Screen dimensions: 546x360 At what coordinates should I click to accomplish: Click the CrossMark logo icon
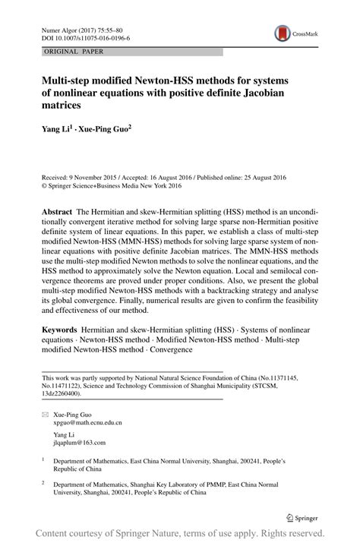[282, 33]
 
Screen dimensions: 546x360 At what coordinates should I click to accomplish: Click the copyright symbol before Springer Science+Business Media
[45, 185]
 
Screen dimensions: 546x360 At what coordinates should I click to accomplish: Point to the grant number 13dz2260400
[66, 394]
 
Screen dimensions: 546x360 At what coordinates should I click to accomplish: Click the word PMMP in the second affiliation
[231, 483]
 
